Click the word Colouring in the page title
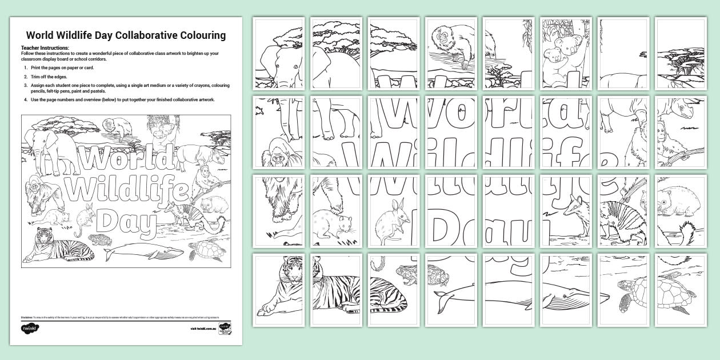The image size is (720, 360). click(x=195, y=35)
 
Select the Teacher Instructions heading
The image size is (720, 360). click(x=45, y=48)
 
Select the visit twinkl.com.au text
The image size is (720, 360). click(x=203, y=329)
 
